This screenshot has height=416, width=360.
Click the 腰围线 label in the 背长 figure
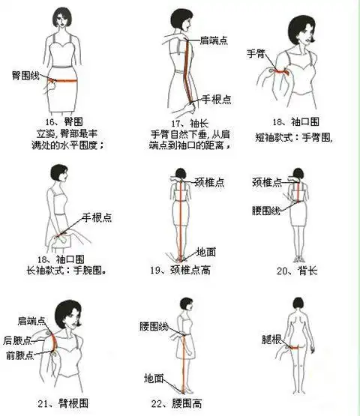[x=265, y=211]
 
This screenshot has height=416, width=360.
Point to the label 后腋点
[x=16, y=340]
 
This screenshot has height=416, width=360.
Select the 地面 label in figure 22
[x=154, y=378]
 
